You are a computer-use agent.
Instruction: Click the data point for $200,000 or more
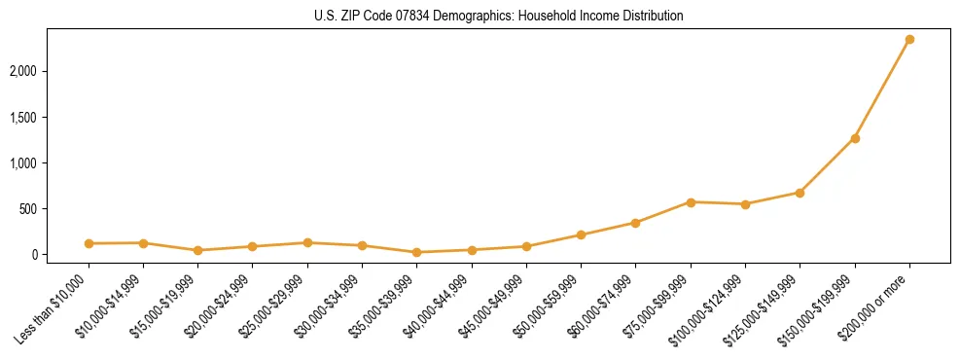click(x=909, y=40)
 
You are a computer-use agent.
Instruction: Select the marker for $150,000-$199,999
click(x=855, y=138)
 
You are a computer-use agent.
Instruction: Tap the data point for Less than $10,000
click(x=89, y=243)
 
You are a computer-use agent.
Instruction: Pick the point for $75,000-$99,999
click(x=691, y=202)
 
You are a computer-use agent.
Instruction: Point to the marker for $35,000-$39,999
click(x=417, y=252)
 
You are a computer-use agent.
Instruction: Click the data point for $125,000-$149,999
click(x=800, y=193)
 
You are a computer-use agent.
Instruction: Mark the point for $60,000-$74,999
click(x=636, y=223)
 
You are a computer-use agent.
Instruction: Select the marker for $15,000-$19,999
click(x=198, y=250)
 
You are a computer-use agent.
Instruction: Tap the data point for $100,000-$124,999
click(x=745, y=204)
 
